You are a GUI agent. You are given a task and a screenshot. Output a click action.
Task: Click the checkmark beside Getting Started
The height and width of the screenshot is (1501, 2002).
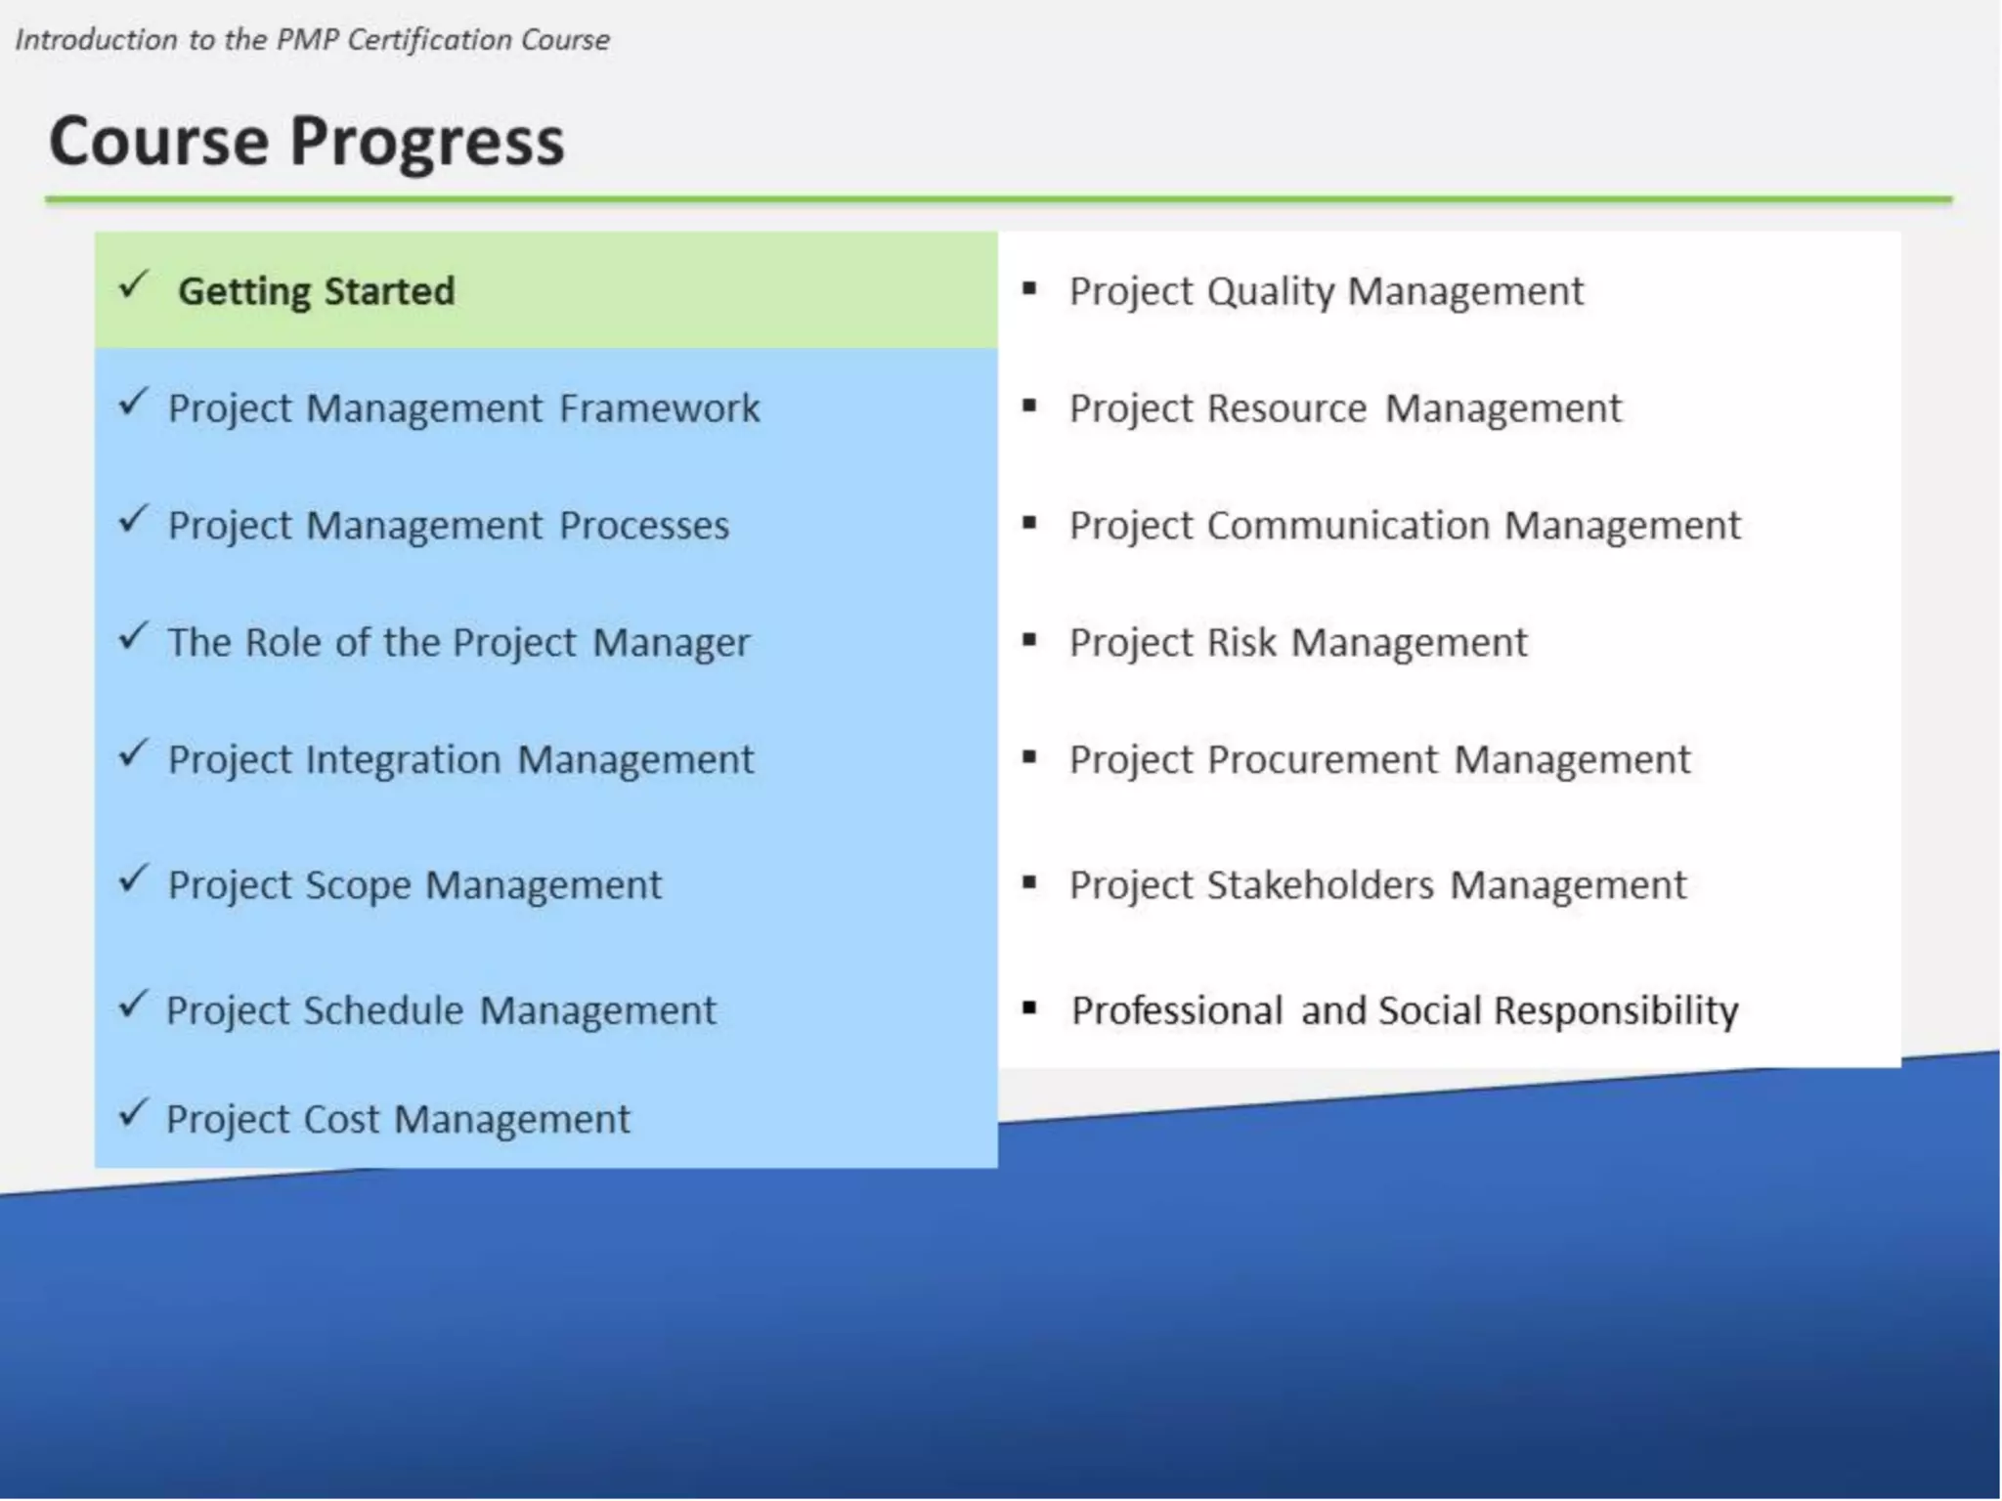(x=133, y=286)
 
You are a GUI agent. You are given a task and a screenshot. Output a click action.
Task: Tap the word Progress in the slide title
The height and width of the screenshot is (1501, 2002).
(x=427, y=142)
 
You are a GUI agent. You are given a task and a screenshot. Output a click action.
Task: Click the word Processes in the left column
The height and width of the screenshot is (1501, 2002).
(x=644, y=526)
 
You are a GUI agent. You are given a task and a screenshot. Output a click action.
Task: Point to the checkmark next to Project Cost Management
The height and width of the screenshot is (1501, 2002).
(x=133, y=1113)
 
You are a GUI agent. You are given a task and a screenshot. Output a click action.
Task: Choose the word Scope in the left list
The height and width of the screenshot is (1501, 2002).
(x=358, y=885)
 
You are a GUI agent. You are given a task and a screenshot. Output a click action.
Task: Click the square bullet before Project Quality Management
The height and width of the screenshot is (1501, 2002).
(x=1028, y=288)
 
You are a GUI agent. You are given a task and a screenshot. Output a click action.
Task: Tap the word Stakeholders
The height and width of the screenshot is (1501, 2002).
(x=1321, y=885)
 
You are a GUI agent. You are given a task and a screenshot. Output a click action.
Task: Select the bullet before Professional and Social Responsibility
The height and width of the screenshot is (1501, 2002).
(x=1028, y=1008)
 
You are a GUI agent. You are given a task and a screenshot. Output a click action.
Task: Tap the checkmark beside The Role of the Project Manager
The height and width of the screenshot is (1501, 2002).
(x=133, y=637)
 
